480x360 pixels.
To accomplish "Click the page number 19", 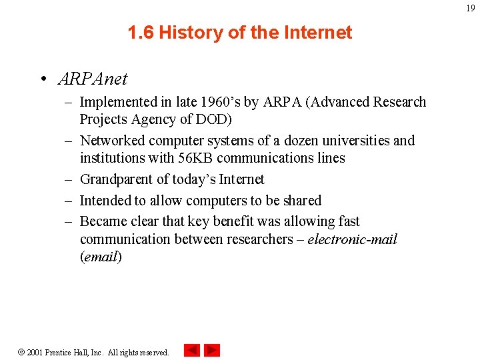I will (x=471, y=8).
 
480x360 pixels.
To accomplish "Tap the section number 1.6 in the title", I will (x=141, y=32).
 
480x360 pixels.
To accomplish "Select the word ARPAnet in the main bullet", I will (x=93, y=79).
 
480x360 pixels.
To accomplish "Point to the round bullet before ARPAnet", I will (x=41, y=79).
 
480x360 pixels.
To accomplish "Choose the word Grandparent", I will (x=117, y=179).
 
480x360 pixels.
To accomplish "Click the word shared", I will (x=301, y=201).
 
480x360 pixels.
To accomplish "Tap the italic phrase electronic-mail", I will (x=352, y=239).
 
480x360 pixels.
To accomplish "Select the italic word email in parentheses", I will (x=101, y=257).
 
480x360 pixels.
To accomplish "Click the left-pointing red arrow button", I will (x=192, y=350).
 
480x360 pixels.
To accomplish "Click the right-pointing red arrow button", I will (x=212, y=350).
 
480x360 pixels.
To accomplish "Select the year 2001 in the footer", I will (x=35, y=352).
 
